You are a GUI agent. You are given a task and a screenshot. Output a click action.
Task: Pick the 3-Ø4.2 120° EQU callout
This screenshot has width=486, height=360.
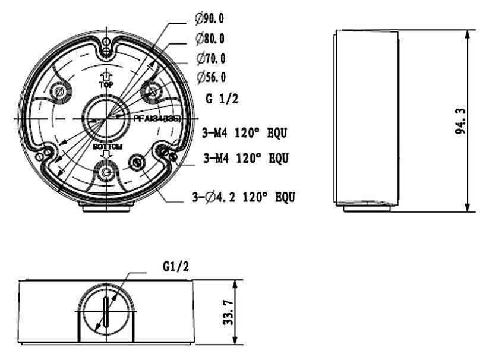pos(244,197)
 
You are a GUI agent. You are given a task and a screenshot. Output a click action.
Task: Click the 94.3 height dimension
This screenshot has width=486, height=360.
pos(460,121)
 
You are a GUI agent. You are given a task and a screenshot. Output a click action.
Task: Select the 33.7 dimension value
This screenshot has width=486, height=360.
pos(228,312)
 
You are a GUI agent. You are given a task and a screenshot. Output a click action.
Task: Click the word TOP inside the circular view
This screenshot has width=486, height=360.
pos(106,85)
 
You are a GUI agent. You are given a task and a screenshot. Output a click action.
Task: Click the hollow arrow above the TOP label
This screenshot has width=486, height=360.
pos(106,75)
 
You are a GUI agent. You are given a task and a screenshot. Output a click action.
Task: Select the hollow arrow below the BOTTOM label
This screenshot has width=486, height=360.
pos(106,154)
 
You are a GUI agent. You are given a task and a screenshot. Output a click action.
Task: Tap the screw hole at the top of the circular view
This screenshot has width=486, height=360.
pos(106,48)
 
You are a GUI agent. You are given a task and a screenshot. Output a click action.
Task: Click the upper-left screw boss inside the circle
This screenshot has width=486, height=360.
pos(60,91)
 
